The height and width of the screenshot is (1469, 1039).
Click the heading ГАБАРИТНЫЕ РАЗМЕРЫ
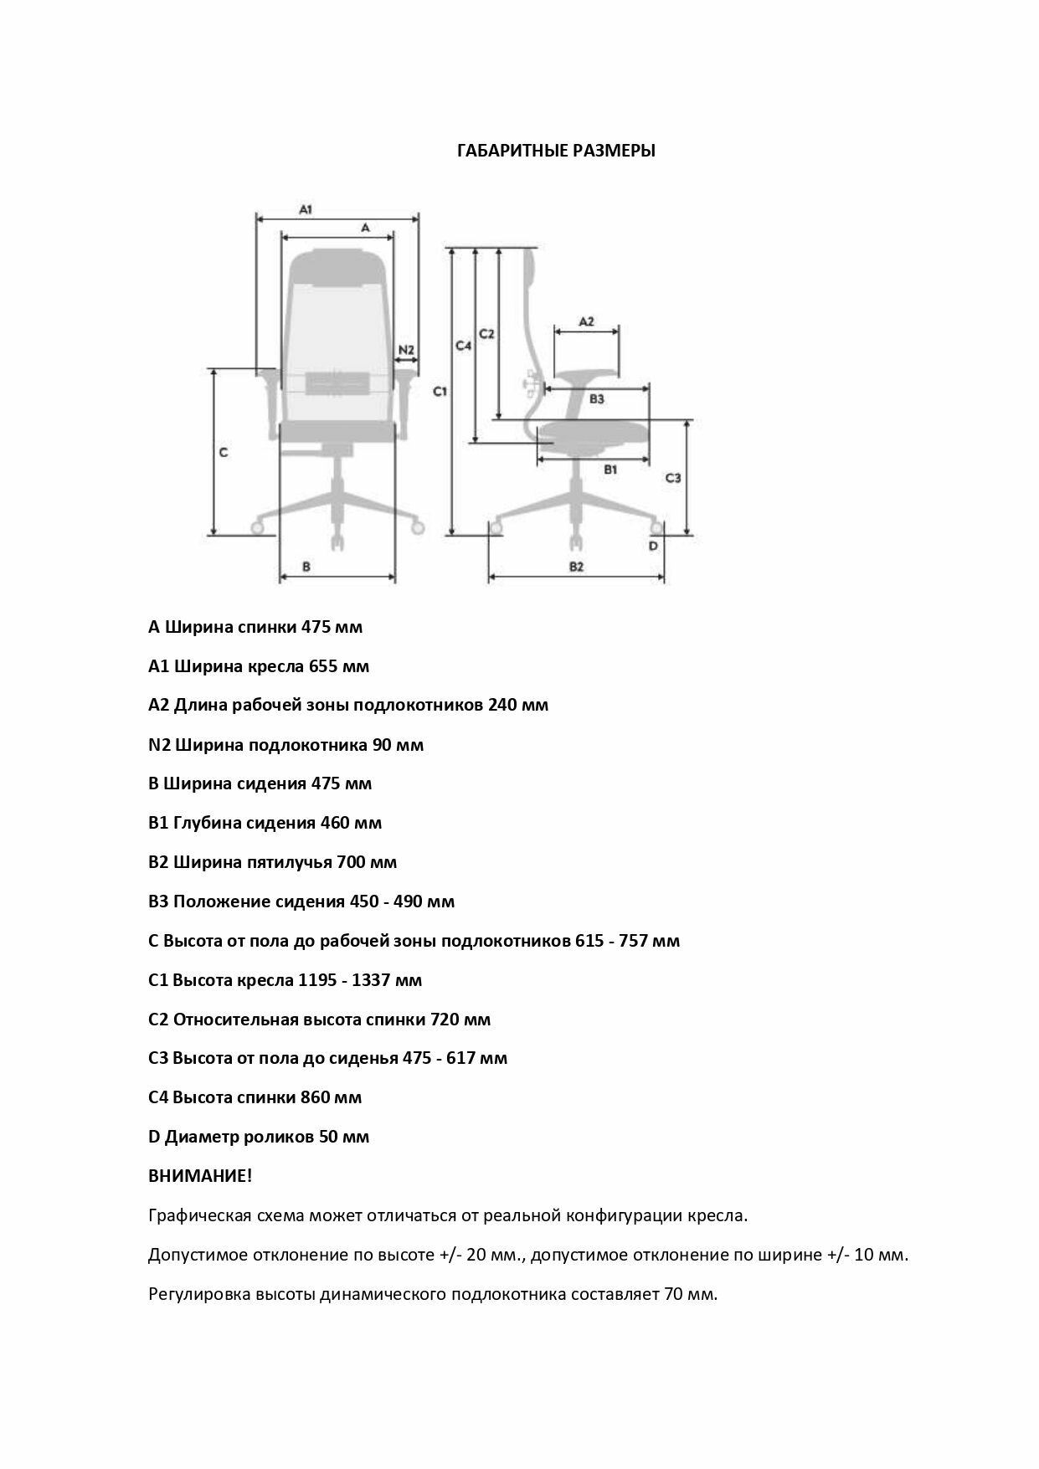(x=556, y=152)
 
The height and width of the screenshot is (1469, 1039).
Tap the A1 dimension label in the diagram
(x=306, y=209)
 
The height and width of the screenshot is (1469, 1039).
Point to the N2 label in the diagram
(x=406, y=349)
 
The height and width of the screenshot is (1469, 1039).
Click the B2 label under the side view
(x=576, y=567)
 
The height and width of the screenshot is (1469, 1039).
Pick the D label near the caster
(x=653, y=546)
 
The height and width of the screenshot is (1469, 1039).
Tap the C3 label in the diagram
(x=672, y=478)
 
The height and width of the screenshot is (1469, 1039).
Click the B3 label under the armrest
(x=596, y=399)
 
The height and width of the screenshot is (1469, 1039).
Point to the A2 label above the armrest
(x=586, y=321)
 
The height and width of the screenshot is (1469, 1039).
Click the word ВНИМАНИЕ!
(x=200, y=1176)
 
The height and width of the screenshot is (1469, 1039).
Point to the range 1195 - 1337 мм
(x=360, y=980)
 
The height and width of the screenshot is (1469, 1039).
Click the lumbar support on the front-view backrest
(x=337, y=383)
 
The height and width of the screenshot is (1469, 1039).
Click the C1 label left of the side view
(x=440, y=391)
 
